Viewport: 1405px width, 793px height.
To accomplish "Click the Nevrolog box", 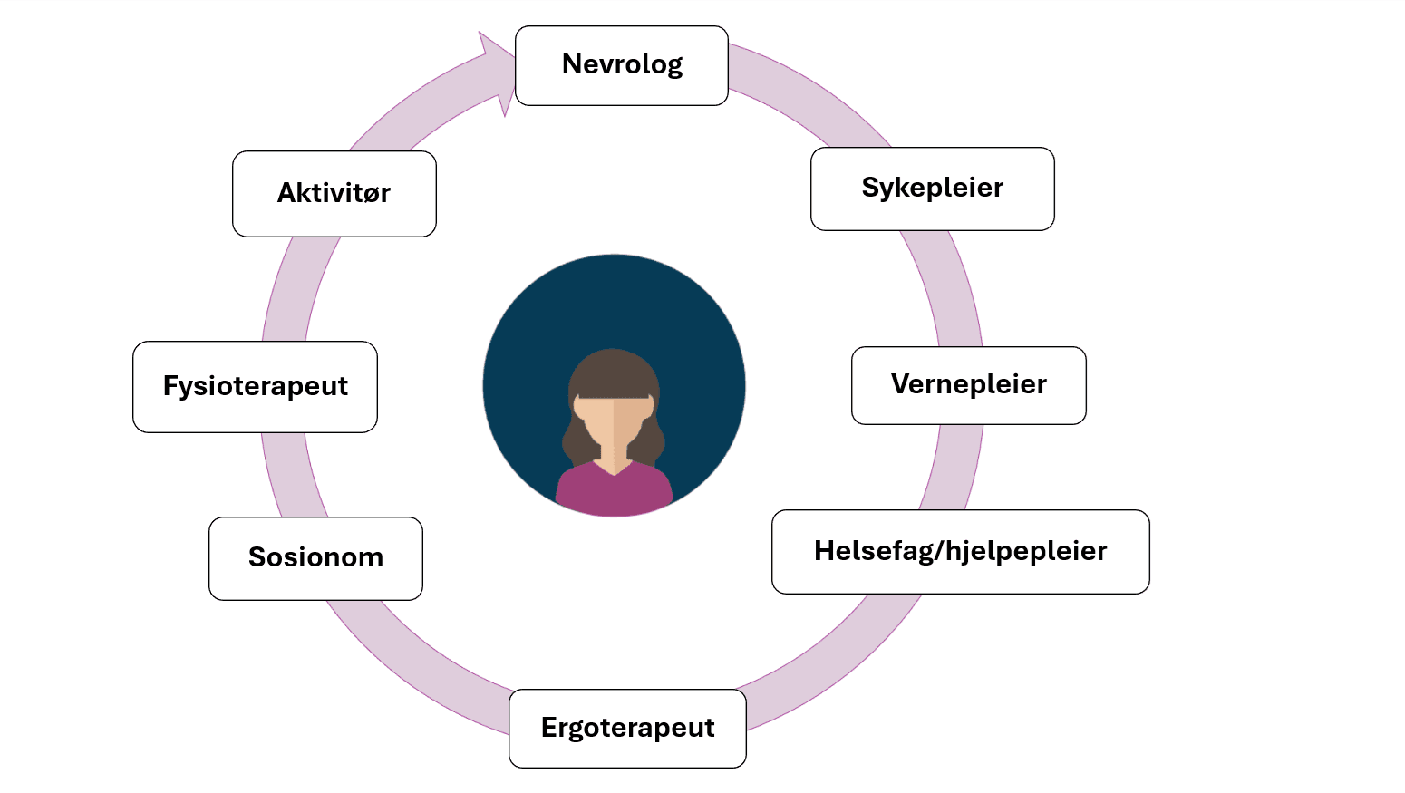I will [622, 65].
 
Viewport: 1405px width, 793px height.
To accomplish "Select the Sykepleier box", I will [932, 189].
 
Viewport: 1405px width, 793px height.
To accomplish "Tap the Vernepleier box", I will [968, 385].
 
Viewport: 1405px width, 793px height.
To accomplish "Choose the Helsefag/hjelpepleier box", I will [960, 552].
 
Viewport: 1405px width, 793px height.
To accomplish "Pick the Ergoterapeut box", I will [627, 729].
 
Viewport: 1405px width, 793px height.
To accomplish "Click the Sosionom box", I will [315, 558].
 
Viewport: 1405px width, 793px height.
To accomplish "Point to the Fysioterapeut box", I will [255, 387].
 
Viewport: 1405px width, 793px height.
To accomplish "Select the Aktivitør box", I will [334, 194].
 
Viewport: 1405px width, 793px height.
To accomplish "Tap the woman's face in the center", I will [613, 421].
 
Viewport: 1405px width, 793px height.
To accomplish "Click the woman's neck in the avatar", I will [614, 459].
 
